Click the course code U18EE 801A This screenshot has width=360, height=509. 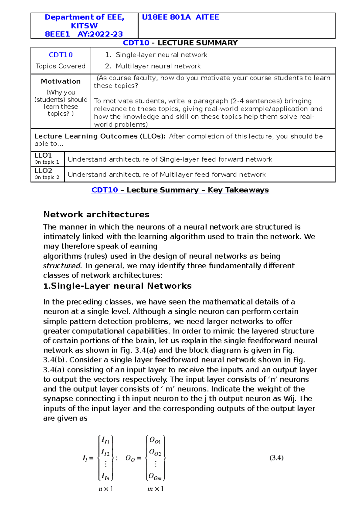pos(166,17)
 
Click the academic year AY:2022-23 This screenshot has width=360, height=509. pos(100,34)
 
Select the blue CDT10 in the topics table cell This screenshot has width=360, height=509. pos(61,55)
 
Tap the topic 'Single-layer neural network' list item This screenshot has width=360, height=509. pos(161,55)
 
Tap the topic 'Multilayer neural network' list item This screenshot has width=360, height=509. pos(158,66)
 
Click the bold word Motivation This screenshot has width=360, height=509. pos(61,81)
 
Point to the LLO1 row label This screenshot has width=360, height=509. pos(43,156)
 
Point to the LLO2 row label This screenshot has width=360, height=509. pos(43,171)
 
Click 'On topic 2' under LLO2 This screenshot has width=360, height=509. pos(46,177)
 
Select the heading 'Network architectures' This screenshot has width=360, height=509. pos(96,215)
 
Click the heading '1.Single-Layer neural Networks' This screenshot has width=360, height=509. pos(117,286)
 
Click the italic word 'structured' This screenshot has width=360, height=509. pos(62,266)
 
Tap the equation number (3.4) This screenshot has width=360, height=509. pos(276,458)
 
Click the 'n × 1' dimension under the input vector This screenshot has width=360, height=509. pos(106,489)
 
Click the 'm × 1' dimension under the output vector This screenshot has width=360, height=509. pos(155,489)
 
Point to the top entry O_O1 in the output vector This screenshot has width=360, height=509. pos(155,440)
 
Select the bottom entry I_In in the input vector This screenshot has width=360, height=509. pos(105,476)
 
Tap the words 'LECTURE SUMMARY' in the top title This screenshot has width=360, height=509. pos(197,43)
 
